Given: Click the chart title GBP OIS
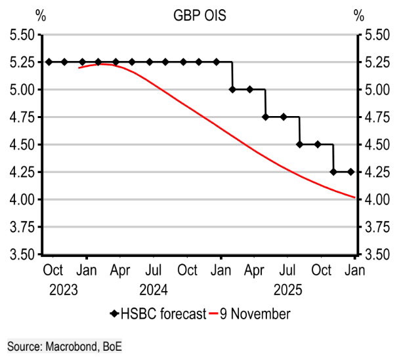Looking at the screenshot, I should click(200, 15).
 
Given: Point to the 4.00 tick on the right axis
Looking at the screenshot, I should click(376, 199).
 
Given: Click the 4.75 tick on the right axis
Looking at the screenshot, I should click(376, 117).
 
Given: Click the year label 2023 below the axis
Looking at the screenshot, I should click(64, 289).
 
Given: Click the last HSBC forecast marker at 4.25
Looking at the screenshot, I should click(350, 172).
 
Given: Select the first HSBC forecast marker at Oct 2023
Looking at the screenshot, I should click(49, 62).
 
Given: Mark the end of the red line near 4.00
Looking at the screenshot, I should click(354, 197).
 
